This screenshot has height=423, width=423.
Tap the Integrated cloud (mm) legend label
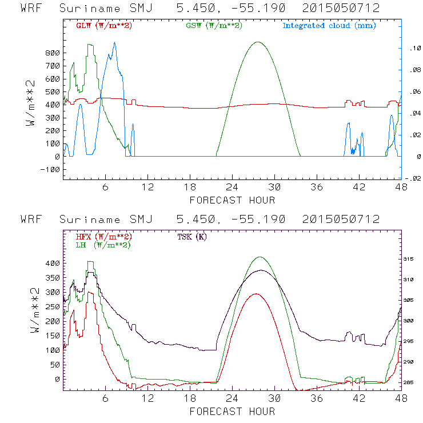(x=329, y=26)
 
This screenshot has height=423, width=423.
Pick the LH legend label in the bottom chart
(x=103, y=245)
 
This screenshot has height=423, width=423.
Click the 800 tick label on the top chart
(x=52, y=53)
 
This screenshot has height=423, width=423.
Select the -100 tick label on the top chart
(x=50, y=169)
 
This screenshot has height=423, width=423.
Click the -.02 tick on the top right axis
(x=413, y=178)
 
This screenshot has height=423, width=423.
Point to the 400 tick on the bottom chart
(x=52, y=263)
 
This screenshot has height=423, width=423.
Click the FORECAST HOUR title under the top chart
(x=232, y=200)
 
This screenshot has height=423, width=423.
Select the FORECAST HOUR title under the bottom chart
(x=232, y=411)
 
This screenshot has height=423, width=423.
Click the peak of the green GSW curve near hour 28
(x=258, y=42)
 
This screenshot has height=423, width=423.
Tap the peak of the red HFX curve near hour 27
(x=256, y=294)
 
